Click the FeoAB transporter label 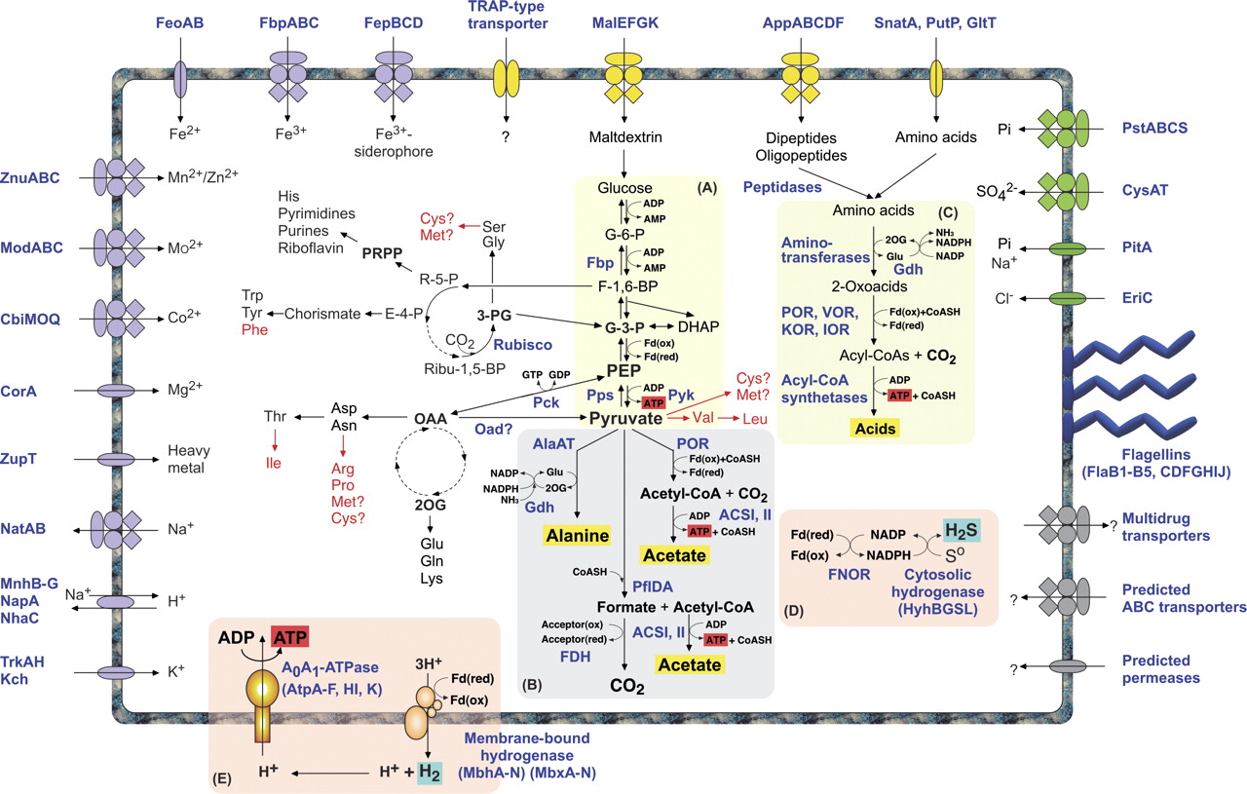(179, 22)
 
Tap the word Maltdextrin (624, 137)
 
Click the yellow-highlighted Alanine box (577, 535)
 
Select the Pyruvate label (624, 417)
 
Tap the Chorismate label (322, 313)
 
